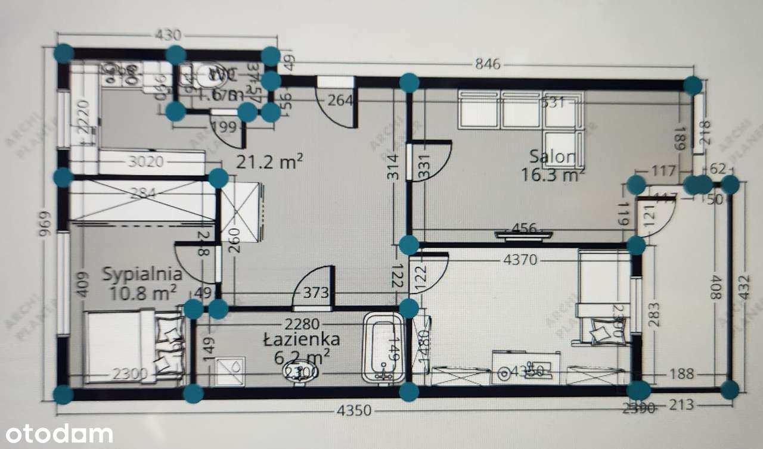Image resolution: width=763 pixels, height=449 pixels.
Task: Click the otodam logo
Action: pos(57,434)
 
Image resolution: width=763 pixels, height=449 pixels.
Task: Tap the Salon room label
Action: pos(553,157)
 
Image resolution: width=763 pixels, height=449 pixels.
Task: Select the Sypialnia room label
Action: pos(142,275)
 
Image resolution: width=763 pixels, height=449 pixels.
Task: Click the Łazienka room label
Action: pos(302,339)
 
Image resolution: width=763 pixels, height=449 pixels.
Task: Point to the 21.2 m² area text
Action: pos(270,161)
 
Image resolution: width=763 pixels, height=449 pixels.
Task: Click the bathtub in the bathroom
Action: pos(384,350)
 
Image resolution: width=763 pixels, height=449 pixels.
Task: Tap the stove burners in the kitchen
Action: pos(122,74)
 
